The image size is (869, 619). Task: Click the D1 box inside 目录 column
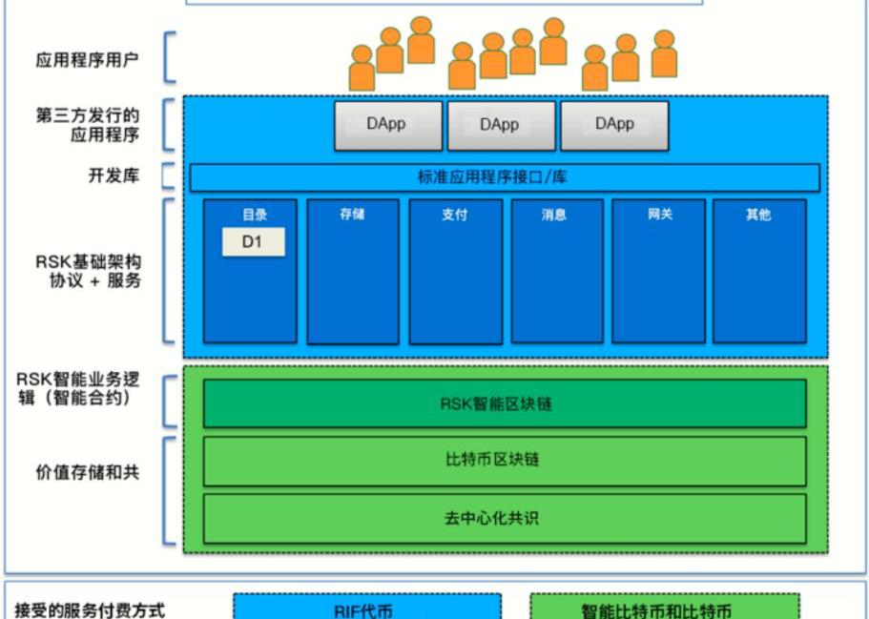tap(253, 242)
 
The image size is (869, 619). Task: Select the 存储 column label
tap(352, 215)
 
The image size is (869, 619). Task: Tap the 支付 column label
tap(454, 215)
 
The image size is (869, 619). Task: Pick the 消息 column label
tap(554, 215)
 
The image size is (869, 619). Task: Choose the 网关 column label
tap(659, 215)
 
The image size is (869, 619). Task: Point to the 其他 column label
tap(758, 215)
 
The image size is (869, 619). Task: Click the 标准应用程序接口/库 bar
tap(505, 177)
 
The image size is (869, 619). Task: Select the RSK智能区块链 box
tap(505, 403)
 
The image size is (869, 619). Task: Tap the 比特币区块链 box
tap(505, 460)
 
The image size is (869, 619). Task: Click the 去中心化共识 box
tap(505, 518)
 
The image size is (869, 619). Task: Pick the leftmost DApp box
tap(387, 125)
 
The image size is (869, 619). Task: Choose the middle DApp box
tap(500, 125)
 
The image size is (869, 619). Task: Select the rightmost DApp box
tap(614, 125)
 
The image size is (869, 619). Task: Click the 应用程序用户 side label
tap(87, 60)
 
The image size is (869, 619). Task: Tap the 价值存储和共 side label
tap(87, 472)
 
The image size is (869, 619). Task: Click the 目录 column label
tap(254, 215)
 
